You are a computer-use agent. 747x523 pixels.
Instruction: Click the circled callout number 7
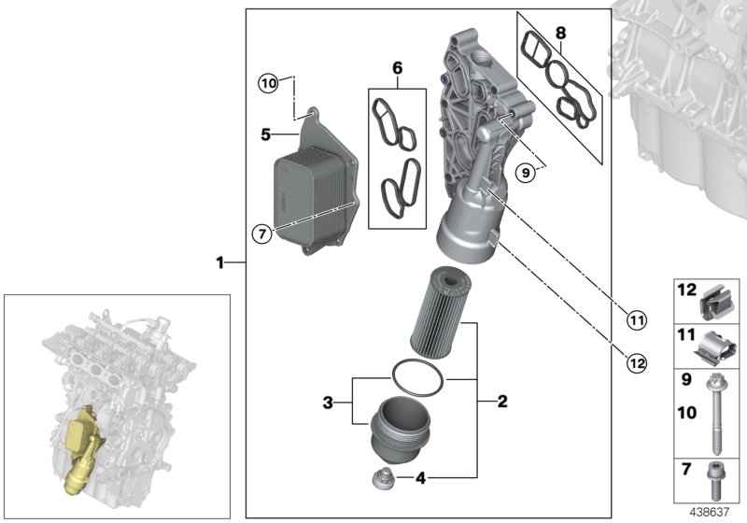pos(264,233)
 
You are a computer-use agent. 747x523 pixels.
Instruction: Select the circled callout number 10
pos(269,84)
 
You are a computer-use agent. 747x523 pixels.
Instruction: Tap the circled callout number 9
pos(529,171)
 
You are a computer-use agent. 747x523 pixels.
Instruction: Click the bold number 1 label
pos(220,263)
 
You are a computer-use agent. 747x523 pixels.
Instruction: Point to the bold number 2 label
pos(501,403)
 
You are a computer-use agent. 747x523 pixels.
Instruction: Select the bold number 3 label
pos(328,403)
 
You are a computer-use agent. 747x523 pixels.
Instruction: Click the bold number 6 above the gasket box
pos(397,69)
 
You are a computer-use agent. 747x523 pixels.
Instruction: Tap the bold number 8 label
pos(560,34)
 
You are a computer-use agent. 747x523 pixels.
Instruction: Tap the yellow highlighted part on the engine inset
pos(80,448)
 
